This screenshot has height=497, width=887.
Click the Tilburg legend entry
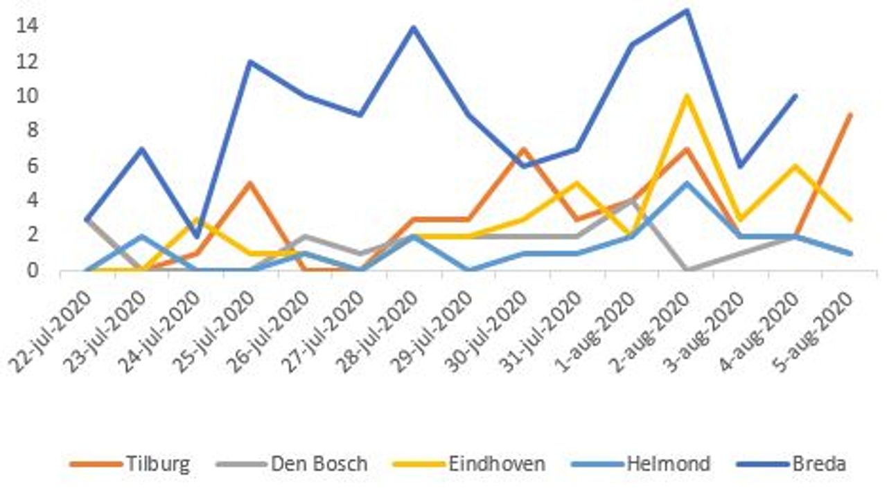[157, 463]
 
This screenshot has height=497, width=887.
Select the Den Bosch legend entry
[319, 463]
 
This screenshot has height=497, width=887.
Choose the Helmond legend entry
[668, 463]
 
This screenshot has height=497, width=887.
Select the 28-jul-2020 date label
[385, 329]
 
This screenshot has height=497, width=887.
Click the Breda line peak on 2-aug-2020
[687, 10]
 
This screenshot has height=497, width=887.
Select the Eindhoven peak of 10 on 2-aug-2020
[687, 96]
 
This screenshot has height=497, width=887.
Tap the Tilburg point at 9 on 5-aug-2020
[850, 114]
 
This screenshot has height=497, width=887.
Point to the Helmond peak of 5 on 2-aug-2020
[687, 183]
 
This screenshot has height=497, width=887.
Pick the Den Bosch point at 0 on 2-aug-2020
[687, 269]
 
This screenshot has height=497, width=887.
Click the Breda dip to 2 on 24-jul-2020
[196, 236]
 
